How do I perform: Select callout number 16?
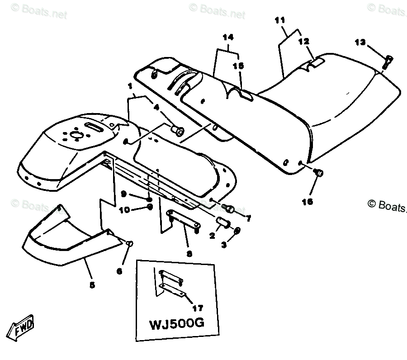[x=308, y=202]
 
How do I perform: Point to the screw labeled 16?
[x=318, y=172]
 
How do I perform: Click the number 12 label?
[x=303, y=41]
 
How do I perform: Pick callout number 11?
[x=280, y=20]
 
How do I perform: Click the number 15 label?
[x=238, y=66]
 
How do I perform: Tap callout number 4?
[x=157, y=108]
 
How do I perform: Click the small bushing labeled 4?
[x=177, y=131]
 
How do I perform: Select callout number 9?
[x=123, y=194]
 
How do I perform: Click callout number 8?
[x=189, y=254]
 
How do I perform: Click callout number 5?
[x=92, y=285]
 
